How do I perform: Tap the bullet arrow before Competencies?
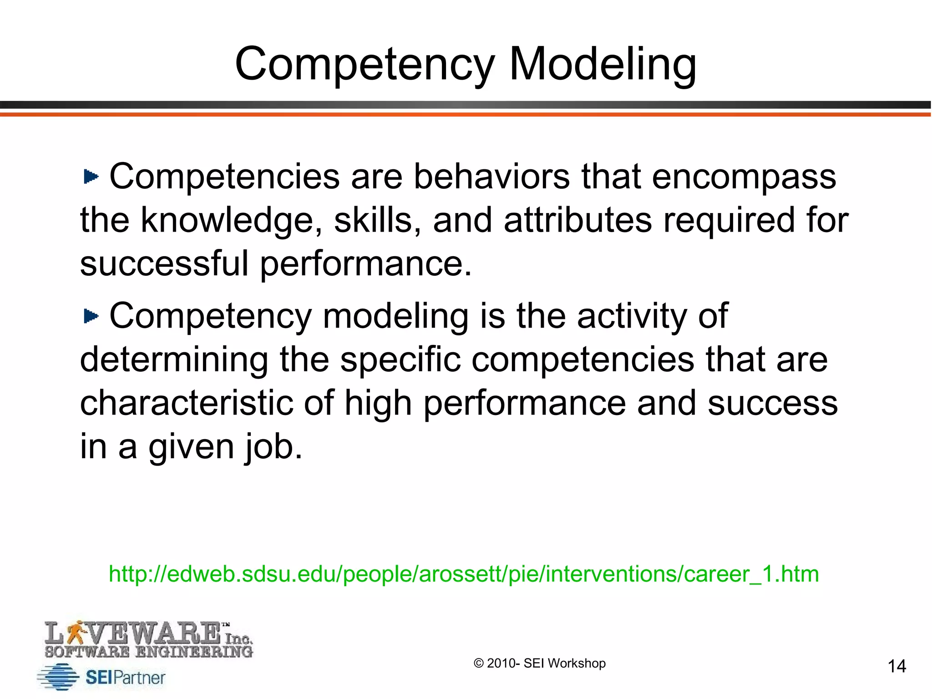coord(91,177)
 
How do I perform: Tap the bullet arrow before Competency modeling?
coord(91,316)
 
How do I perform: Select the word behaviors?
coord(491,177)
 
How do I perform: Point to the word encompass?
coord(744,177)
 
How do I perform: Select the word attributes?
coord(578,220)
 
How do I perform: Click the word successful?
coord(164,263)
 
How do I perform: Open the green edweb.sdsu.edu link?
coord(464,574)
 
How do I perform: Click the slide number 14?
coord(897,666)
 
